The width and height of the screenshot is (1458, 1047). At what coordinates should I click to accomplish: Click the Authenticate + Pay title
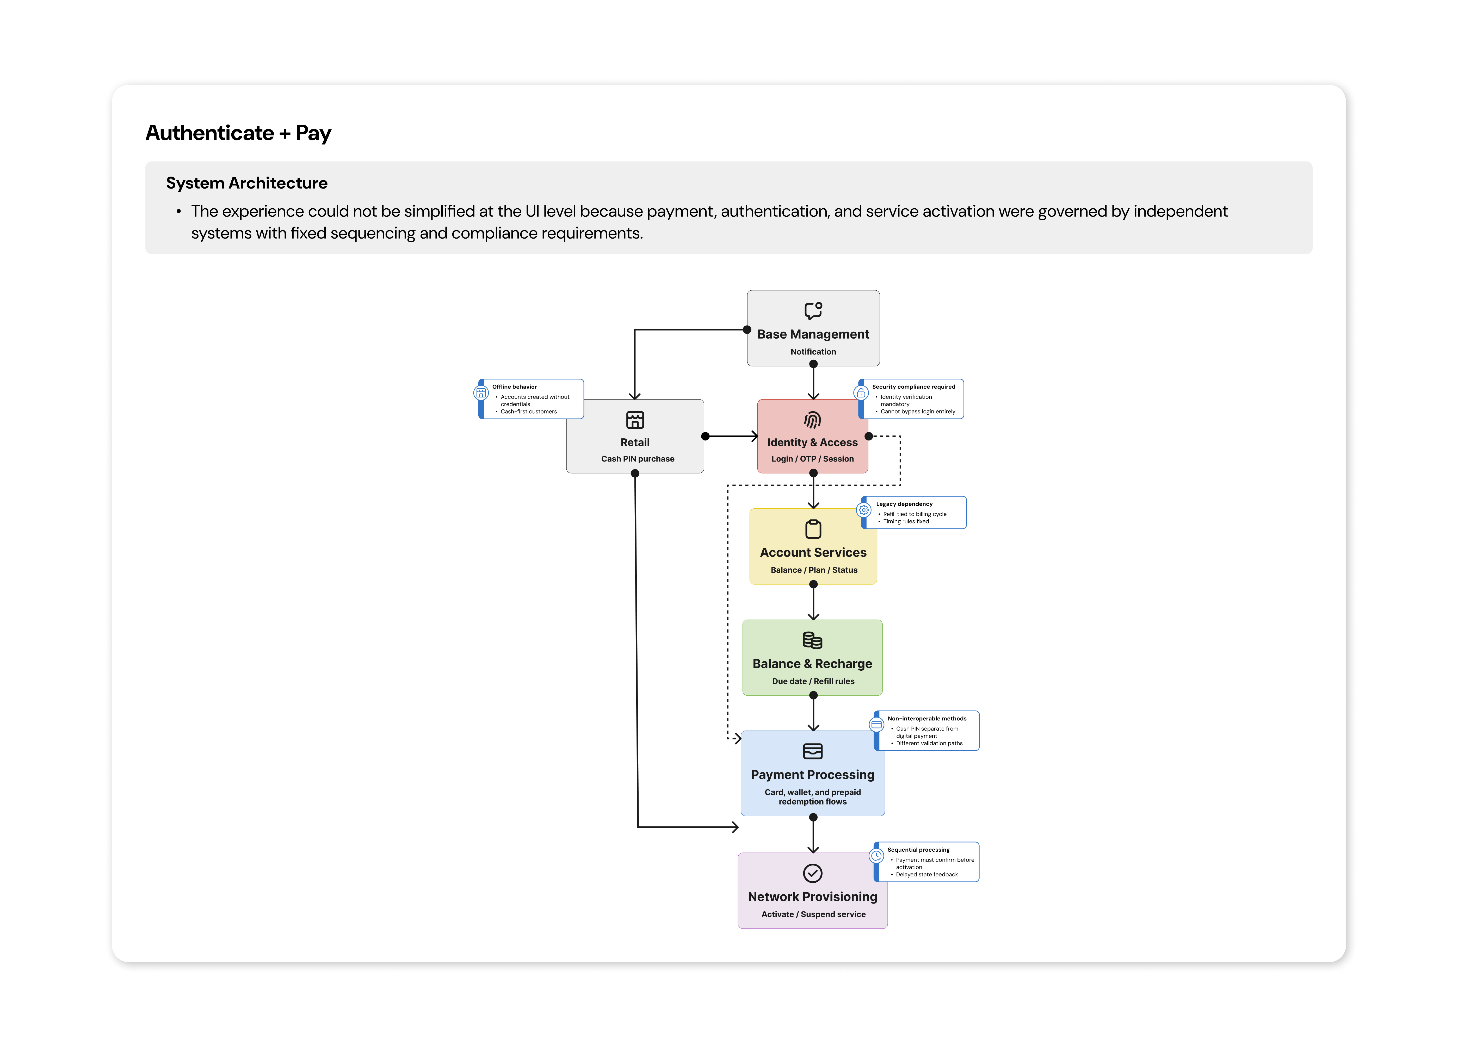pyautogui.click(x=238, y=133)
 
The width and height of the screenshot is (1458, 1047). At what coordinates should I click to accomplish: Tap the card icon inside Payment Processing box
pyautogui.click(x=813, y=751)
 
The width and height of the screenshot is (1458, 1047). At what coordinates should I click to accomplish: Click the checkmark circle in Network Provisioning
pyautogui.click(x=813, y=873)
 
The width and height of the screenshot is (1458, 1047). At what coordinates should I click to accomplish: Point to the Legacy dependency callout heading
pyautogui.click(x=904, y=504)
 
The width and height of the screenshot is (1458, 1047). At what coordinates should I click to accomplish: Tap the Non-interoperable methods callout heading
pyautogui.click(x=926, y=719)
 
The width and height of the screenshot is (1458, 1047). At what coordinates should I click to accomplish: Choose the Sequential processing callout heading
pyautogui.click(x=918, y=850)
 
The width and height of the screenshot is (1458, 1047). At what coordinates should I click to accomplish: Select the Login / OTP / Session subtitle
pyautogui.click(x=813, y=459)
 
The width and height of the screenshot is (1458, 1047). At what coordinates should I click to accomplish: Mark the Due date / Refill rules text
pyautogui.click(x=813, y=681)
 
